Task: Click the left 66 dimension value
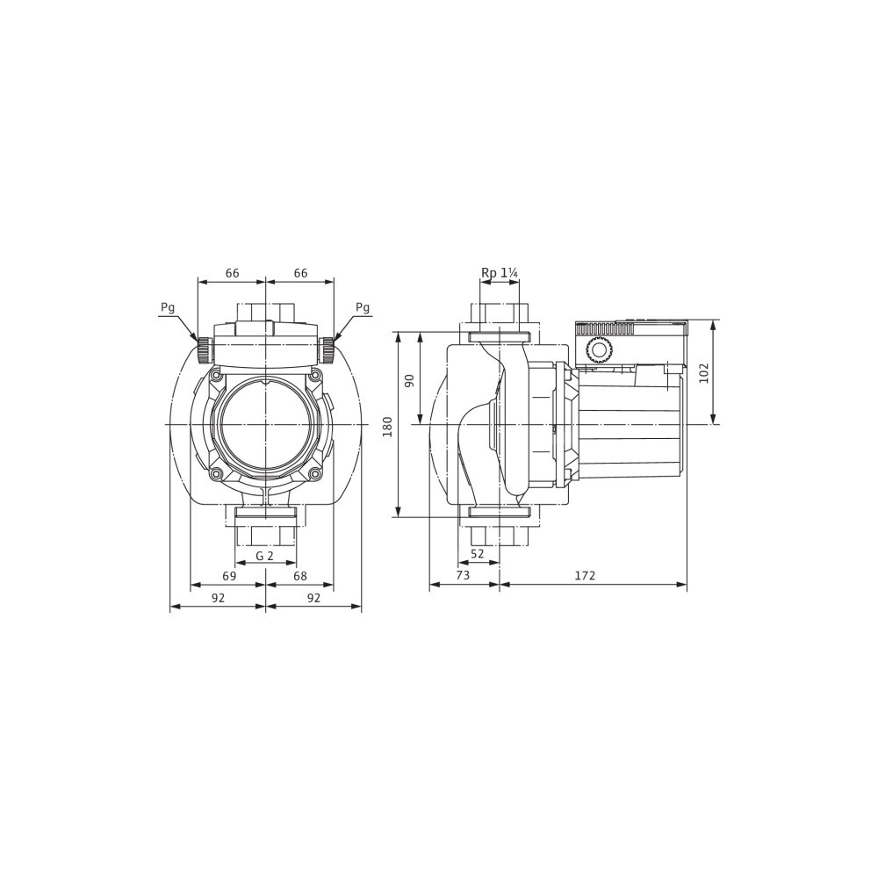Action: pos(233,273)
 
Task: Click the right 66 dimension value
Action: pos(300,273)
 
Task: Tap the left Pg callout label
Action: pos(168,307)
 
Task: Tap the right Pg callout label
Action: pos(363,307)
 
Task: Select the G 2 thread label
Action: pos(264,556)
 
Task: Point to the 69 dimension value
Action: pos(229,576)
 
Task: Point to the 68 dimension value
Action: pos(300,576)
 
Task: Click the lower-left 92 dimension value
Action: pos(218,597)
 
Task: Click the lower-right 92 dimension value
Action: pos(313,597)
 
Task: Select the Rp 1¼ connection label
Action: pos(500,273)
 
